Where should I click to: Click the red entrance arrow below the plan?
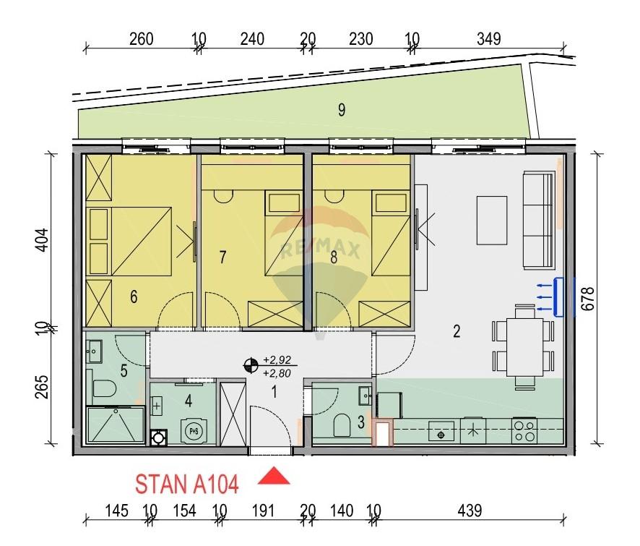[x=274, y=477]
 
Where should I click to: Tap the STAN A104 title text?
[x=186, y=485]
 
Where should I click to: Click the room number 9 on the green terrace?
[x=342, y=110]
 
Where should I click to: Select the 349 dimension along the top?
[x=488, y=39]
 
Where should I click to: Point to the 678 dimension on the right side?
[x=588, y=299]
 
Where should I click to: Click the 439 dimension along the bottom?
[x=470, y=511]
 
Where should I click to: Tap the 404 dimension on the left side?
[x=42, y=240]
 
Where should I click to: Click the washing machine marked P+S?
[x=192, y=431]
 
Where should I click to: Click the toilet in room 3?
[x=342, y=425]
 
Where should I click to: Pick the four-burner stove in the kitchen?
[x=524, y=431]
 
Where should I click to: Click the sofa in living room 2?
[x=539, y=220]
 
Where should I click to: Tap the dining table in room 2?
[x=525, y=347]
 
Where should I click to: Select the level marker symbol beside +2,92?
[x=250, y=366]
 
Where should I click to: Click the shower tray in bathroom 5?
[x=116, y=425]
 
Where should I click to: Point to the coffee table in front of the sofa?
[x=492, y=221]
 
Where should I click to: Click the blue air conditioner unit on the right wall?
[x=558, y=297]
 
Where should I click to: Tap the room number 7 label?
[x=222, y=257]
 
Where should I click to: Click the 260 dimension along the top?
[x=142, y=39]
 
